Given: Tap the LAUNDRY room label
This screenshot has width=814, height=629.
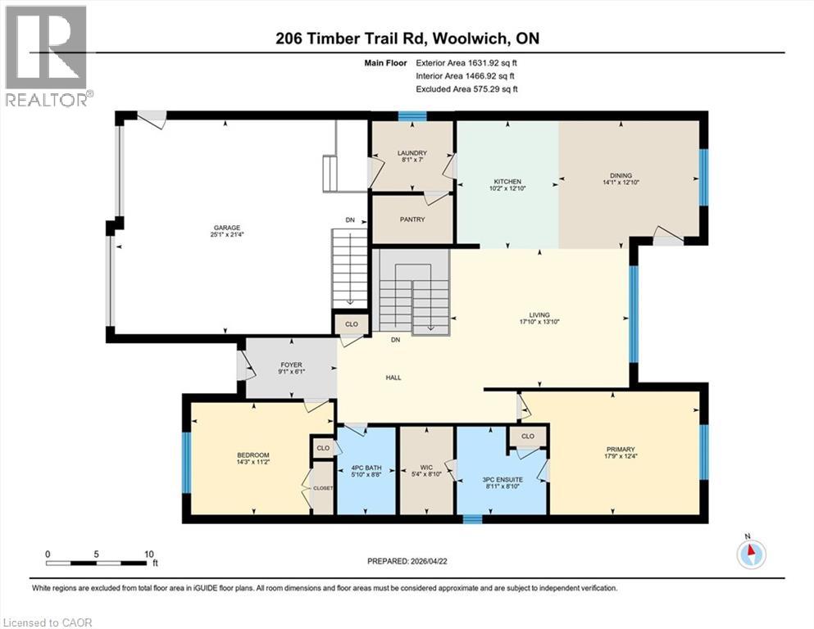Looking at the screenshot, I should point(412,152).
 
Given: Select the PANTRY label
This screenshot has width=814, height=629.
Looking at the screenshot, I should point(412,219).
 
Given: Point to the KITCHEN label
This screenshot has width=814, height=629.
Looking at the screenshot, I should point(507,182).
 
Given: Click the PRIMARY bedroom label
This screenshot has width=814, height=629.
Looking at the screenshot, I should point(621,449).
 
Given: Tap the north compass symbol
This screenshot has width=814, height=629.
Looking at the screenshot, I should point(750,554).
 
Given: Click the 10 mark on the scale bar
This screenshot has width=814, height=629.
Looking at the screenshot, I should point(148,554).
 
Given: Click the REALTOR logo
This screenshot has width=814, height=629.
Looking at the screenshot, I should point(47,56).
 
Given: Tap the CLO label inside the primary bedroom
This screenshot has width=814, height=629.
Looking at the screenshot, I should point(527,437).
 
